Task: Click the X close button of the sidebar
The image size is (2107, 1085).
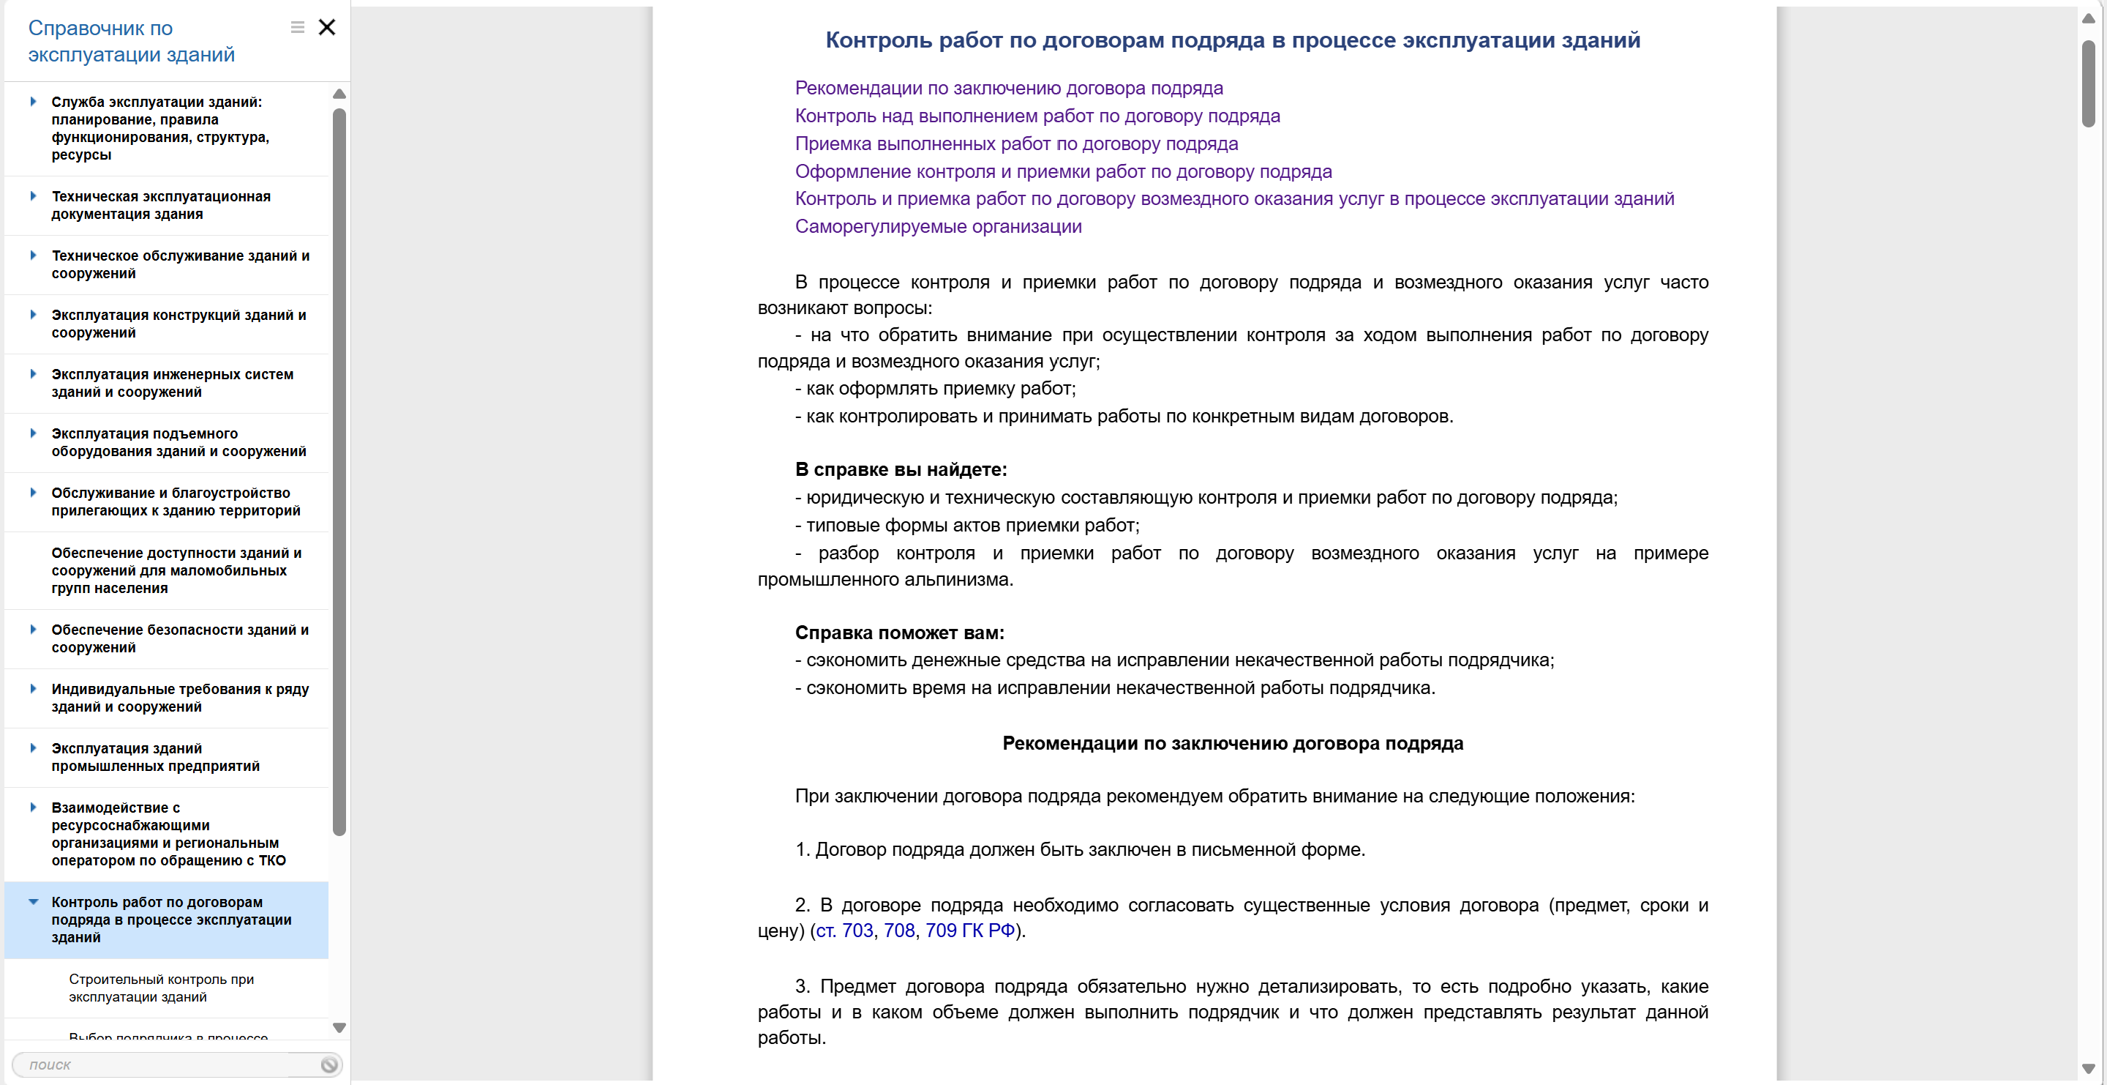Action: coord(326,28)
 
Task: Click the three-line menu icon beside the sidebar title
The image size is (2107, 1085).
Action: coord(298,28)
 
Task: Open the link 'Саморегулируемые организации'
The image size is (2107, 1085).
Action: coord(937,227)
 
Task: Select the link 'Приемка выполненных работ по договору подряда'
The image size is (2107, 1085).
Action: coord(1016,144)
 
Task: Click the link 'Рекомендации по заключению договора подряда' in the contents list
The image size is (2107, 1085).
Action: coord(1009,89)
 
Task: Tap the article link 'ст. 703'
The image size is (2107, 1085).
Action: coord(844,931)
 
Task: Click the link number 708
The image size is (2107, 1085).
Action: coord(899,931)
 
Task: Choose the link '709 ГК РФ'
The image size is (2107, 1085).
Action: coord(969,931)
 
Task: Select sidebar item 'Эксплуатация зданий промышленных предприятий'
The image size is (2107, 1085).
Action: coord(155,757)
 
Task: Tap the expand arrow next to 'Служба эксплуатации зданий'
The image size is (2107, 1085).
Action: coord(34,102)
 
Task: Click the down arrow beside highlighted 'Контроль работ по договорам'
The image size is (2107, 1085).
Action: coord(34,902)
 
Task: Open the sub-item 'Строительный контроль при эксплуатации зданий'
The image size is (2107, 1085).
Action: coord(161,988)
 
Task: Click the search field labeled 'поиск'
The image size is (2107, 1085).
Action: coord(164,1065)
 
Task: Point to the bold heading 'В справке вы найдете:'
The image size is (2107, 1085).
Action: coord(901,470)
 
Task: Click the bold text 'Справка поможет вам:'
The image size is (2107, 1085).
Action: coord(899,633)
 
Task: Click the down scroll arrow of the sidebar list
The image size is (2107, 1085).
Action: coord(339,1028)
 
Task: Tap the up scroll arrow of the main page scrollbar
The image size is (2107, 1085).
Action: coord(2088,18)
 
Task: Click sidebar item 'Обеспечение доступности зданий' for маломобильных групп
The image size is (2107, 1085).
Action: coord(176,570)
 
